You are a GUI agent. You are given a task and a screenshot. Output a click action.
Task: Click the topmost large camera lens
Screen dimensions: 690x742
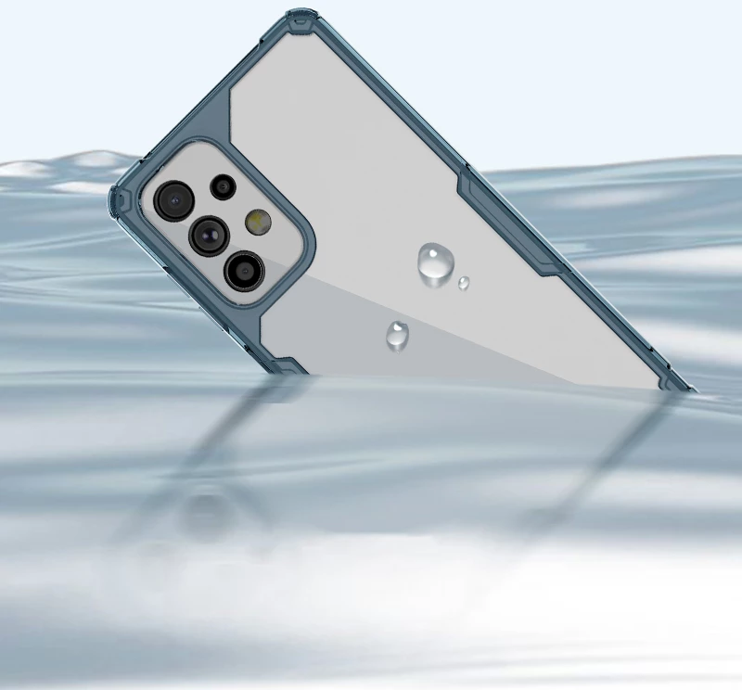(x=172, y=199)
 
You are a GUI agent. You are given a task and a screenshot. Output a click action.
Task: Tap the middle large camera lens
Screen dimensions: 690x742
(x=208, y=235)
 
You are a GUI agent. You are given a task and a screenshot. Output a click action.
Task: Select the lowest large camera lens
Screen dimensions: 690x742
(x=243, y=270)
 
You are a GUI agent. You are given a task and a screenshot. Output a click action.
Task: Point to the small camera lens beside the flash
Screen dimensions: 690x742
(x=223, y=186)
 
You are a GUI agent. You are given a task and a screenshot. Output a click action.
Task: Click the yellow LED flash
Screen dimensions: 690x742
(x=257, y=221)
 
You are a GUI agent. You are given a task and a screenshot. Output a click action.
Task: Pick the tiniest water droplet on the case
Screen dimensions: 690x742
(x=463, y=282)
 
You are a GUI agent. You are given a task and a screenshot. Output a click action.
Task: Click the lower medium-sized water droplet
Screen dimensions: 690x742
(x=398, y=334)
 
